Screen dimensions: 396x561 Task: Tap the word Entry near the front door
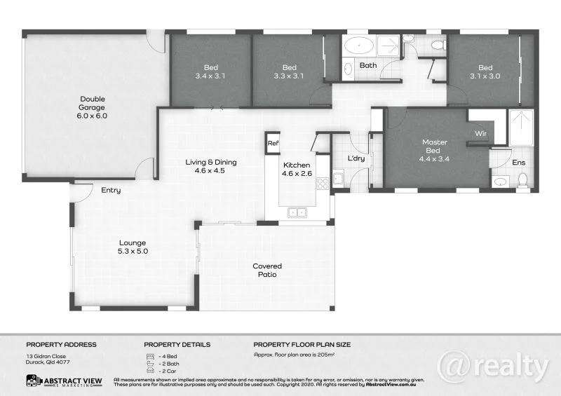point(111,190)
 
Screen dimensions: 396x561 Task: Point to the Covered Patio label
point(267,270)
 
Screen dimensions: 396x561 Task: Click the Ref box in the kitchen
point(273,144)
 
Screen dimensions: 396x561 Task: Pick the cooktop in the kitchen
point(323,184)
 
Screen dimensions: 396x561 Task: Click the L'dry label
point(356,159)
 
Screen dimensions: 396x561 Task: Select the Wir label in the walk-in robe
point(481,132)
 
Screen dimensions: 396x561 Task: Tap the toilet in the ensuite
point(522,181)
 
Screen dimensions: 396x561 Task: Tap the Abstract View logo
point(64,381)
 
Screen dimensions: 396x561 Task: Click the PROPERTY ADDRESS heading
point(61,344)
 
